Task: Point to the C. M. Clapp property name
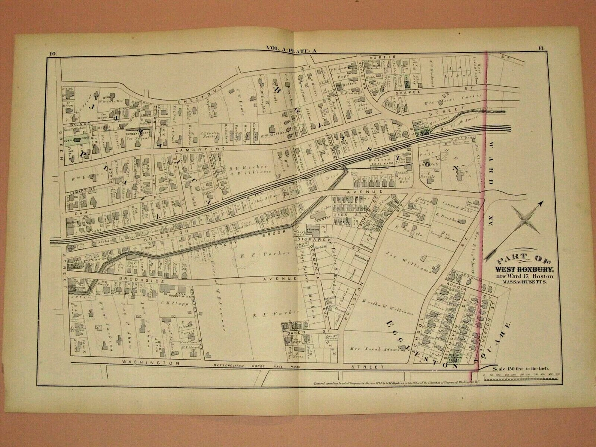pos(169,299)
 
